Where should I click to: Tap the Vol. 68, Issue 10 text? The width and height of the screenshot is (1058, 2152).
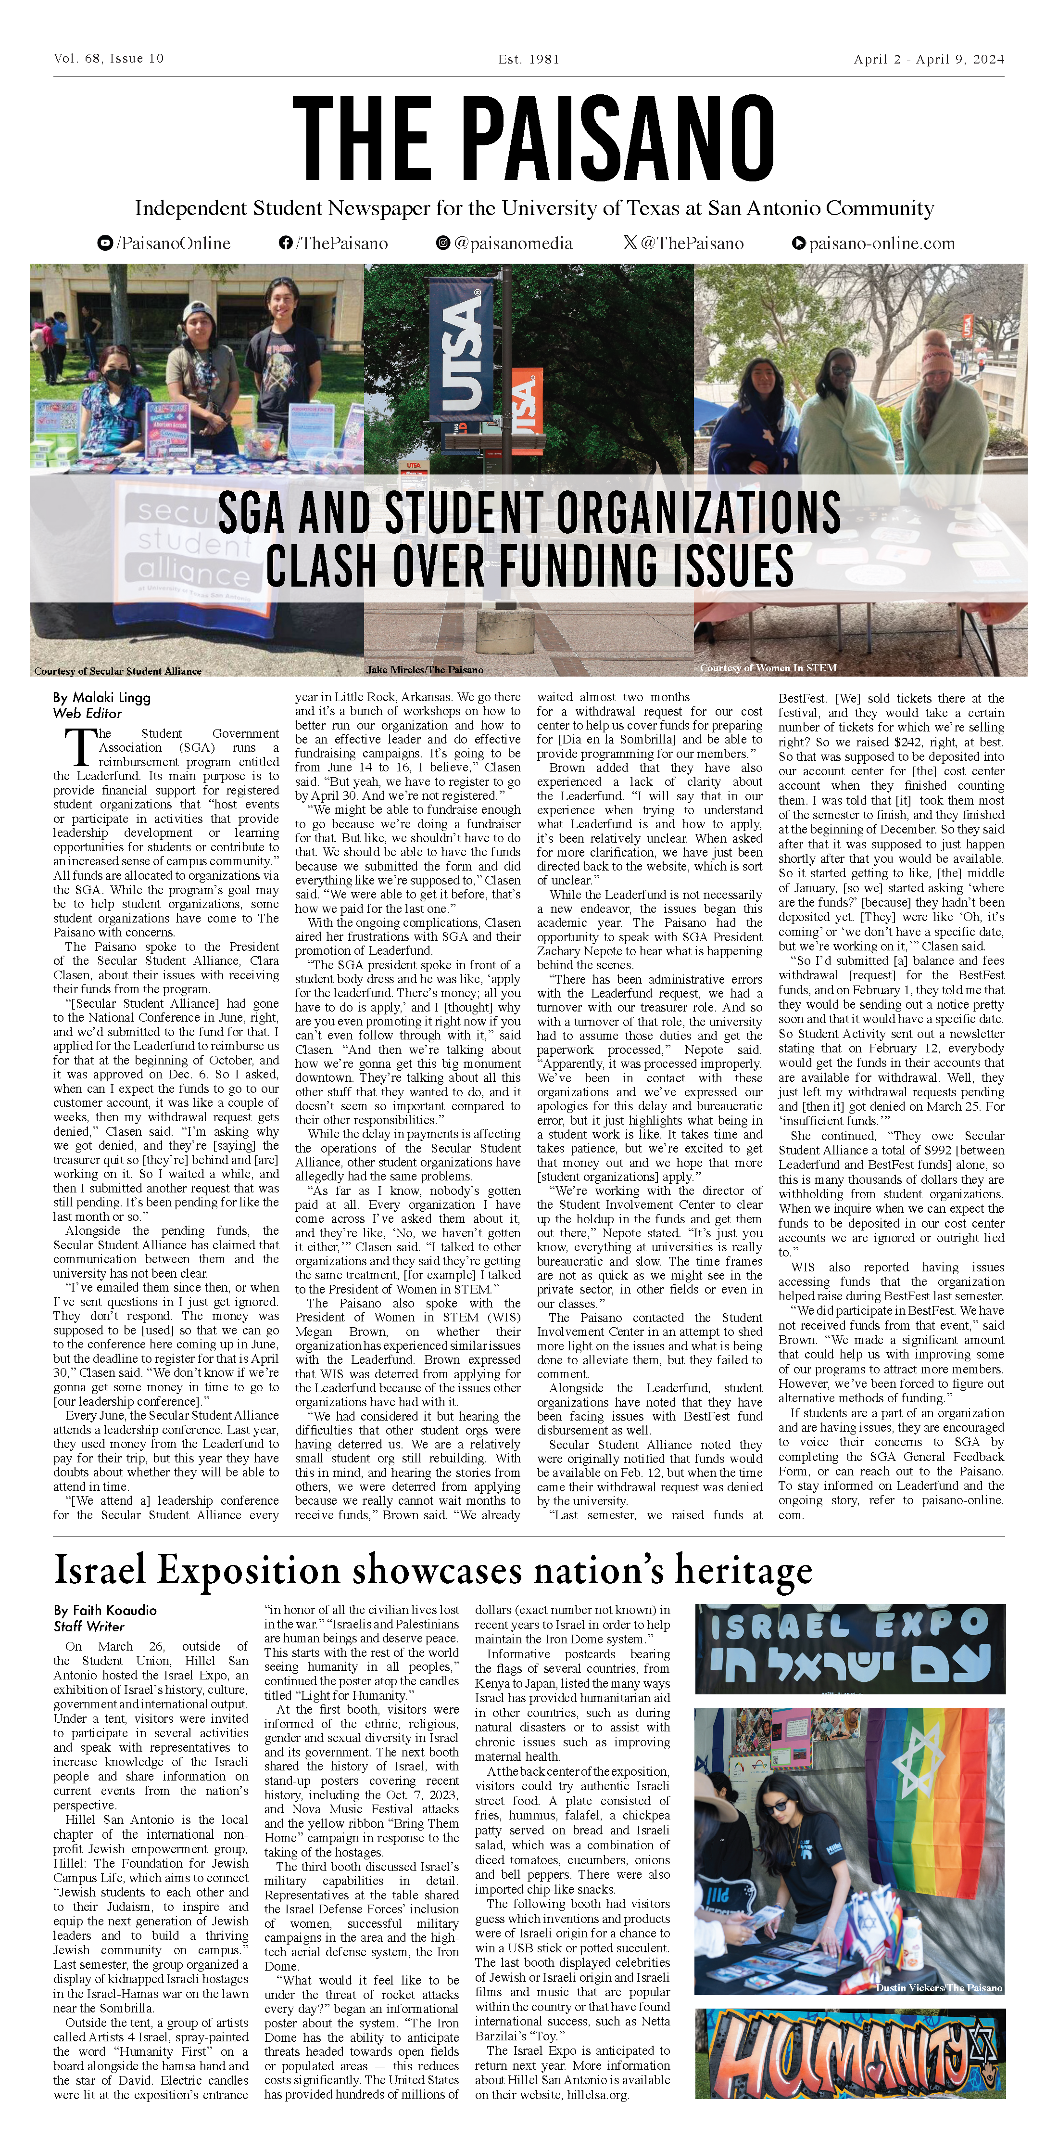[109, 59]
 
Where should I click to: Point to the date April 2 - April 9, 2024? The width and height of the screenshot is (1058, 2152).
[929, 59]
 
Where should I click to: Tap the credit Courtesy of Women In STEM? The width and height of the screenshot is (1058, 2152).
[768, 667]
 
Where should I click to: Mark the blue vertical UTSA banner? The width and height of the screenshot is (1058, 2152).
[461, 351]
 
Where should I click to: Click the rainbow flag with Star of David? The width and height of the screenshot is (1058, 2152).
[939, 1817]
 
